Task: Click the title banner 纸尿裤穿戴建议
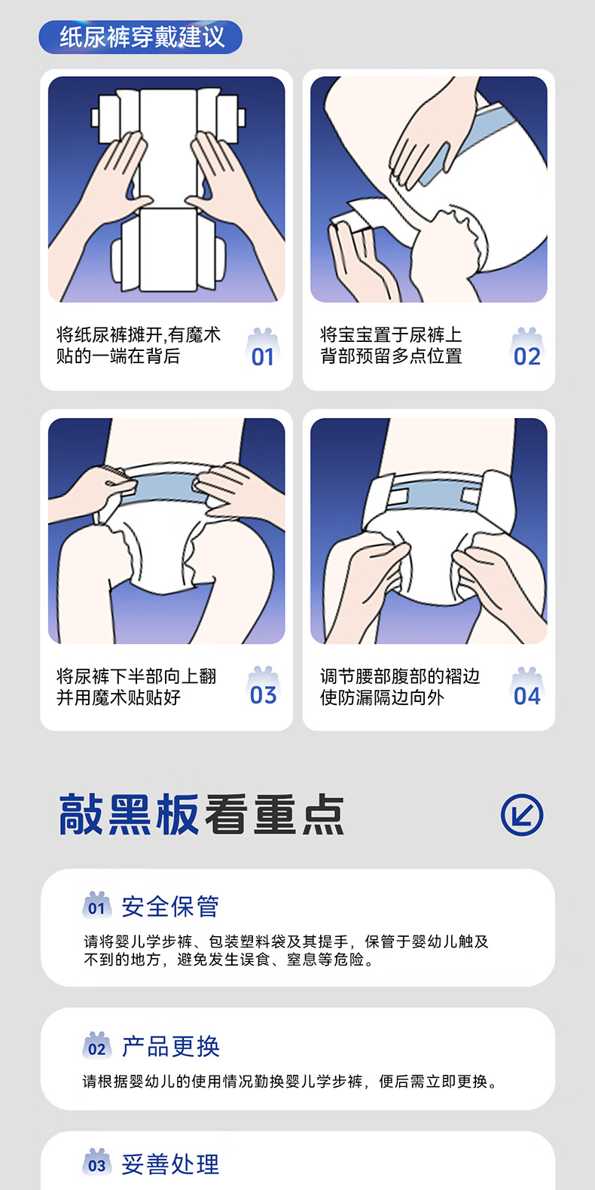[x=140, y=37]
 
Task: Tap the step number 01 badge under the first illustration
[x=263, y=349]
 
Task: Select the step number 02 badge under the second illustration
[x=526, y=349]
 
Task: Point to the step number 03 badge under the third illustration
[x=263, y=687]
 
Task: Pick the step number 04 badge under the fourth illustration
[x=526, y=688]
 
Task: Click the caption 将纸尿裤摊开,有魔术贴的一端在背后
[x=138, y=345]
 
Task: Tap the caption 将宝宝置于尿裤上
[x=391, y=334]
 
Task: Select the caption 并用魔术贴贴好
[x=118, y=697]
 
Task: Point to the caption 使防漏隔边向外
[x=382, y=697]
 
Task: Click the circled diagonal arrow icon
[x=522, y=814]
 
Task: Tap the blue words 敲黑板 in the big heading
[x=129, y=814]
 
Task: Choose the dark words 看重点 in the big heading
[x=275, y=814]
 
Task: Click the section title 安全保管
[x=170, y=906]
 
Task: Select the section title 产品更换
[x=170, y=1047]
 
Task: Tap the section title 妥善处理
[x=170, y=1164]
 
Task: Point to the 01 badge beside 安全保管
[x=96, y=905]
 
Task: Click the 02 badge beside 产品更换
[x=96, y=1045]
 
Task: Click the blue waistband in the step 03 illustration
[x=165, y=488]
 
